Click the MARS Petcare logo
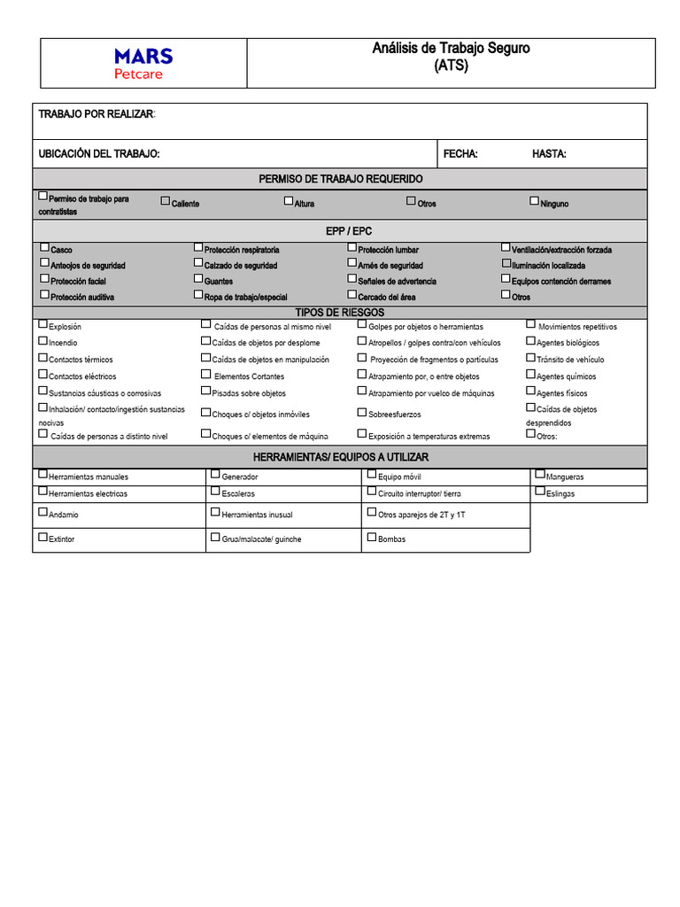point(143,63)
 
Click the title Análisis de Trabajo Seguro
point(451,48)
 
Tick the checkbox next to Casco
point(44,248)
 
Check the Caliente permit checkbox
point(165,201)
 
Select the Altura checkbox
point(289,201)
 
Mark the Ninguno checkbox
point(534,201)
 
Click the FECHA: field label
point(460,154)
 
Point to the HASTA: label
point(549,154)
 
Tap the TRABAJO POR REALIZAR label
point(96,115)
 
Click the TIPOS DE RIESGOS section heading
point(340,313)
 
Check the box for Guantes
point(198,279)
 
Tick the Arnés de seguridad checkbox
point(352,263)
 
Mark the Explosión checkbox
point(43,324)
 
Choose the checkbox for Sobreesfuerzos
point(362,412)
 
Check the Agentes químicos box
point(531,374)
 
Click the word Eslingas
point(560,493)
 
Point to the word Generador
point(240,477)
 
